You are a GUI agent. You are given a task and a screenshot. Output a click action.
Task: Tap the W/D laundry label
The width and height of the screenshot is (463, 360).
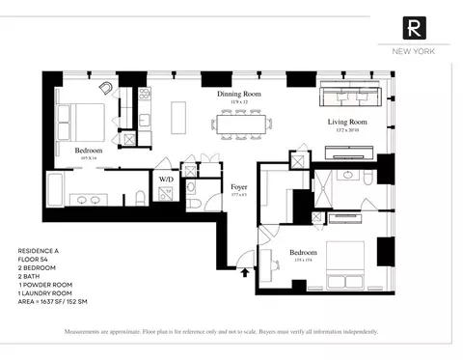[x=167, y=179]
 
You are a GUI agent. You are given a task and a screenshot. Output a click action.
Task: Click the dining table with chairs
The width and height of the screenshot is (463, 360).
[x=242, y=124]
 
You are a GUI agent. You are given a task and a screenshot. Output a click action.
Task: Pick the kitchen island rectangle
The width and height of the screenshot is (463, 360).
[x=177, y=118]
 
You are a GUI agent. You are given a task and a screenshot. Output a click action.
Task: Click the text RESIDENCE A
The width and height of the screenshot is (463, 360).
[x=40, y=249]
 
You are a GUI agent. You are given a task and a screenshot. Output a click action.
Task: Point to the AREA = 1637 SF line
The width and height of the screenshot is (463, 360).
[x=62, y=300]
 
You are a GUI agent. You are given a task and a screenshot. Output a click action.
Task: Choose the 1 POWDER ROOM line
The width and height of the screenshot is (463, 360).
[x=47, y=283]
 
